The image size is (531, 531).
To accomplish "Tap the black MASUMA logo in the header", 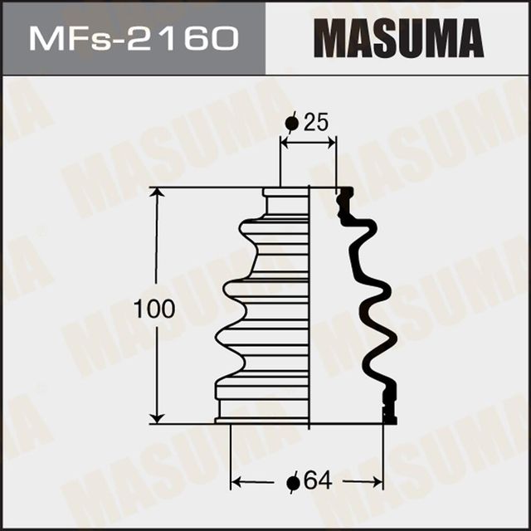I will pyautogui.click(x=398, y=37).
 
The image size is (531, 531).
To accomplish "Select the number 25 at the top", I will pyautogui.click(x=316, y=123).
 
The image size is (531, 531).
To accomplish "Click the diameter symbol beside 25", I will pyautogui.click(x=291, y=124).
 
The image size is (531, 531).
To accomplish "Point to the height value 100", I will pyautogui.click(x=154, y=310).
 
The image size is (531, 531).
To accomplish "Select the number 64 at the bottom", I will pyautogui.click(x=316, y=480).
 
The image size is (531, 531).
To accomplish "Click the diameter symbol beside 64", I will pyautogui.click(x=292, y=481).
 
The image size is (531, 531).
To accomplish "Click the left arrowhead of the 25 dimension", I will pyautogui.click(x=285, y=143).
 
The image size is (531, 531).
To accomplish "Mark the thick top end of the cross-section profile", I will pyautogui.click(x=344, y=196).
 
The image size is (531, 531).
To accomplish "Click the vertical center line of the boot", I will pyautogui.click(x=309, y=307).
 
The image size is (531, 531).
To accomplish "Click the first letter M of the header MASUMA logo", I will pyautogui.click(x=333, y=37).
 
